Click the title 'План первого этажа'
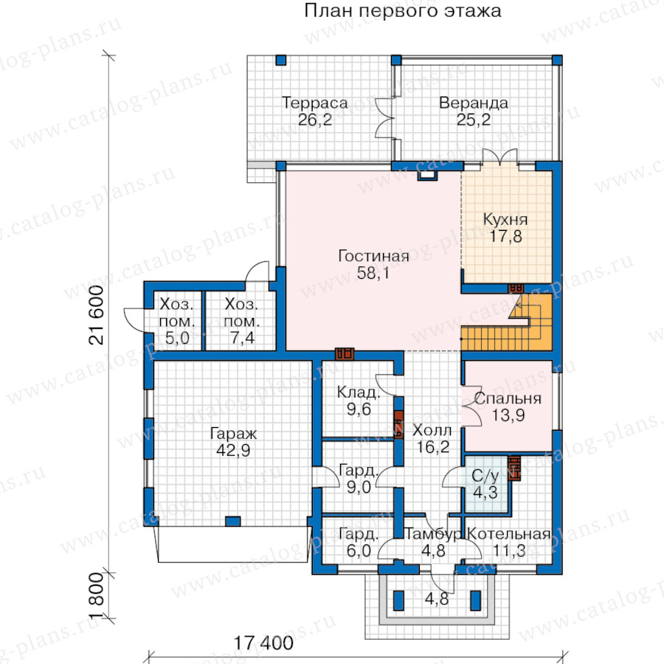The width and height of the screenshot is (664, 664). [402, 11]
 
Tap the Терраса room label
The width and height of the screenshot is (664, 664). [314, 103]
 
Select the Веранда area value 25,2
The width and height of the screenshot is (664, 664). [474, 120]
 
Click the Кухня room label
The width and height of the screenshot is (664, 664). [505, 219]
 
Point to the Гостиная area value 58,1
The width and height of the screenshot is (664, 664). [373, 273]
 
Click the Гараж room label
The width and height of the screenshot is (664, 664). [233, 434]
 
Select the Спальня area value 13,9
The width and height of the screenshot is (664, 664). [508, 415]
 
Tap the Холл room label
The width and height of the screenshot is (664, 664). [432, 431]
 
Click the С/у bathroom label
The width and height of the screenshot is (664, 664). [485, 476]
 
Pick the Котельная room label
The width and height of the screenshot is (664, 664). [508, 534]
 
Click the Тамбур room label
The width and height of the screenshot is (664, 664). [433, 534]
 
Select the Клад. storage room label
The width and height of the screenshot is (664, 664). [359, 392]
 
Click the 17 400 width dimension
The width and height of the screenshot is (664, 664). [263, 643]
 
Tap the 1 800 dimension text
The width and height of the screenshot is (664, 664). [97, 596]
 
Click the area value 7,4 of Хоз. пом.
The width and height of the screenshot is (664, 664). [242, 338]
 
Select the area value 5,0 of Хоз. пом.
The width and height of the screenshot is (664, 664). [177, 339]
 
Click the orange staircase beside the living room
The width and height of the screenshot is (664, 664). [506, 322]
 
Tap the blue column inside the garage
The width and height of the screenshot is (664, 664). [232, 521]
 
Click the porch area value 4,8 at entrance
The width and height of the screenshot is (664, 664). [437, 600]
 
